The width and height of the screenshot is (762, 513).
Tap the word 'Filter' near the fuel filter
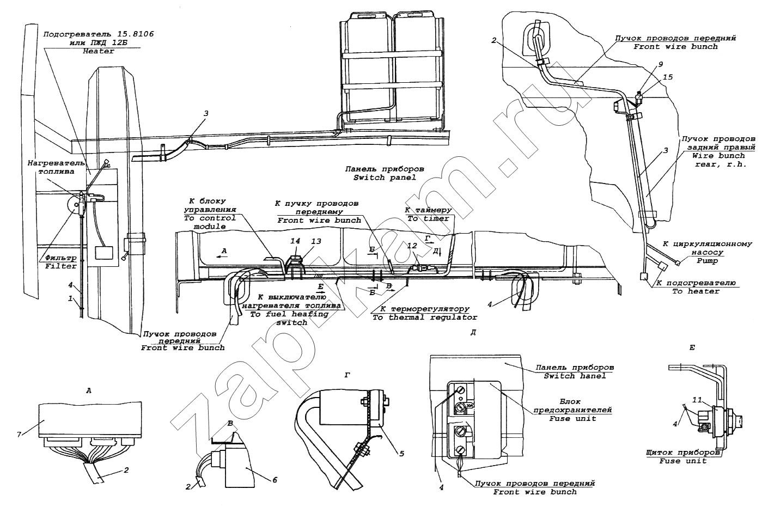pyautogui.click(x=60, y=266)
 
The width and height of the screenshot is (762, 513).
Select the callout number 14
pyautogui.click(x=295, y=241)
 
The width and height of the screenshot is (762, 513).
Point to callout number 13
pyautogui.click(x=315, y=241)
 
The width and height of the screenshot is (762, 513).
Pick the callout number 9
pyautogui.click(x=660, y=64)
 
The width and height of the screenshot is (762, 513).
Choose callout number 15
pyautogui.click(x=668, y=77)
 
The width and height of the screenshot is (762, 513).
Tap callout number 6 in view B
pyautogui.click(x=275, y=479)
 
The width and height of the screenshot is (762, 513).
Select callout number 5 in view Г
pyautogui.click(x=401, y=452)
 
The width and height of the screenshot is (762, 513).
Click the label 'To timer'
pyautogui.click(x=429, y=218)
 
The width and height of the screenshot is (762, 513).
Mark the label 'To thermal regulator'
pyautogui.click(x=424, y=317)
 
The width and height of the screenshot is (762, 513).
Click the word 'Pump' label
pyautogui.click(x=707, y=261)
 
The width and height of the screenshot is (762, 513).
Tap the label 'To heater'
pyautogui.click(x=696, y=291)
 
